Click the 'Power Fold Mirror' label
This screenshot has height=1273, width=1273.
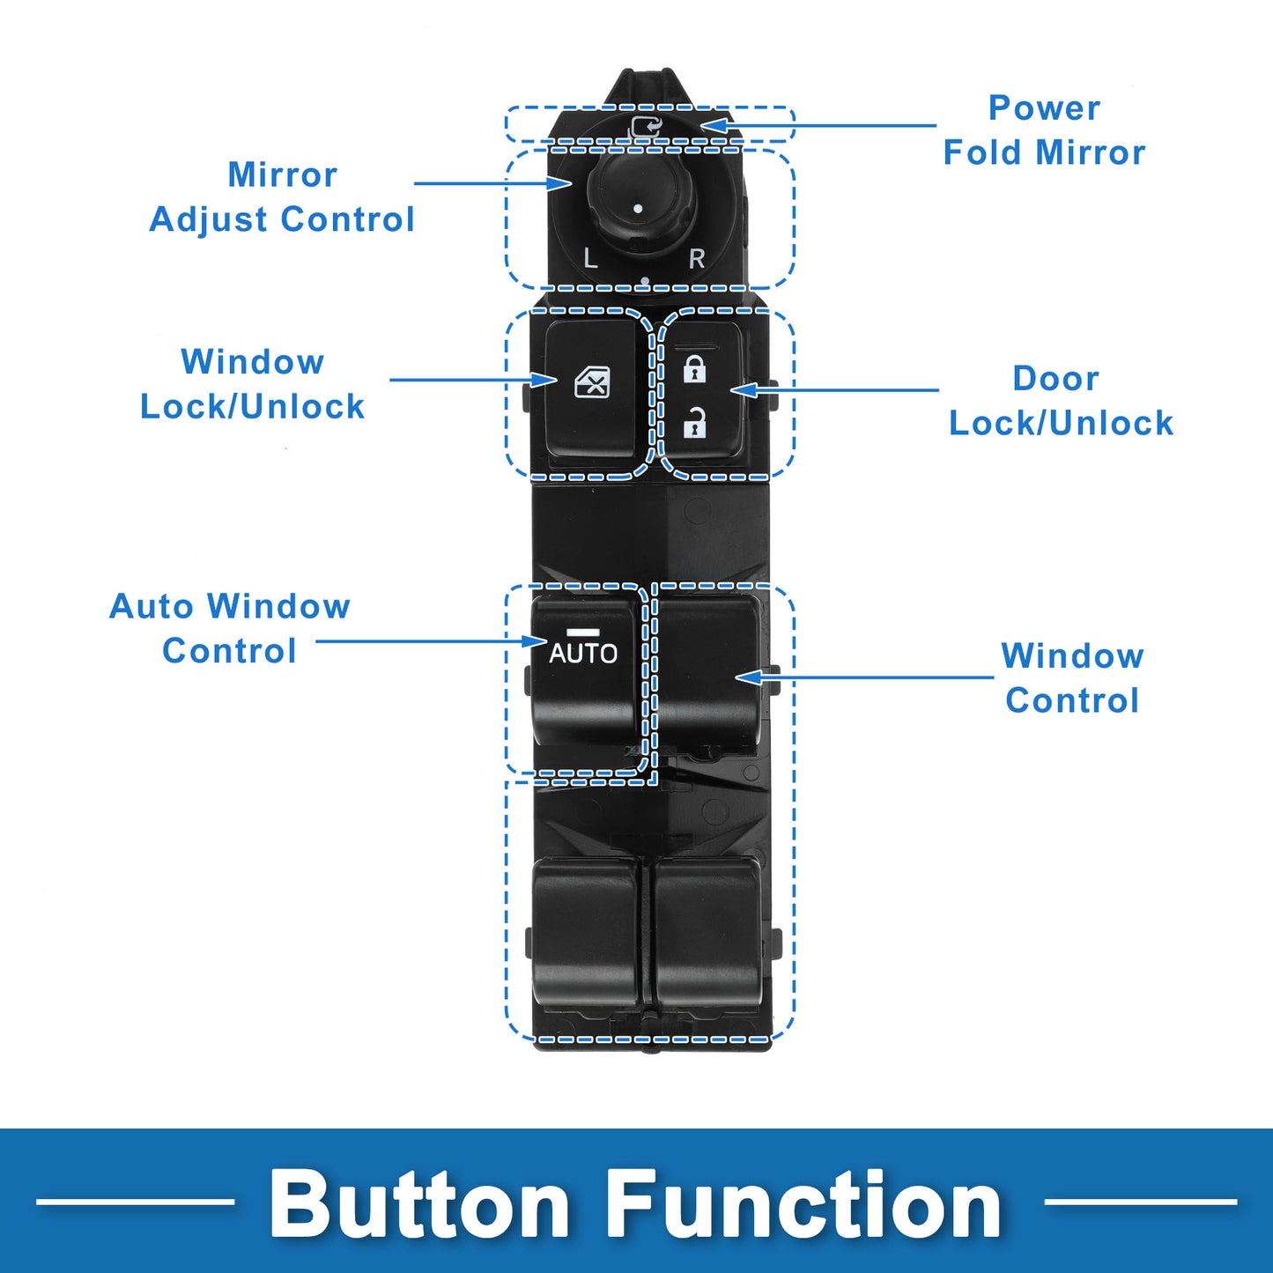click(x=1044, y=130)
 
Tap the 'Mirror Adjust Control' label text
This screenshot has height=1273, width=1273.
click(x=282, y=196)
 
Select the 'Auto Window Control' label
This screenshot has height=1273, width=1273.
click(x=229, y=628)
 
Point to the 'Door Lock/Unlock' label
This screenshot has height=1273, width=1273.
click(x=1061, y=400)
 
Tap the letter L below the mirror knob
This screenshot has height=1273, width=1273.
click(x=590, y=258)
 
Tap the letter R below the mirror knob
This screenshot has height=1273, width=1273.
click(x=696, y=258)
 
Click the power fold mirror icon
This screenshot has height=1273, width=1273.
click(x=646, y=127)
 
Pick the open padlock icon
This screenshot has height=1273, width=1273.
click(x=693, y=424)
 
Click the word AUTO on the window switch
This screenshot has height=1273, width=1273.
click(x=582, y=654)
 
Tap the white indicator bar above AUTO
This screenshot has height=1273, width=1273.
click(x=582, y=633)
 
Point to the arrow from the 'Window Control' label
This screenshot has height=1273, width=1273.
click(x=864, y=677)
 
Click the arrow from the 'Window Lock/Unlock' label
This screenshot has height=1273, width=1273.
click(x=474, y=380)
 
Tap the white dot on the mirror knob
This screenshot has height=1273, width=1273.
click(x=638, y=209)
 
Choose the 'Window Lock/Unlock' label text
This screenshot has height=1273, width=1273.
click(x=252, y=384)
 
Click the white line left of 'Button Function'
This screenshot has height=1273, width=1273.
click(x=136, y=1202)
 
